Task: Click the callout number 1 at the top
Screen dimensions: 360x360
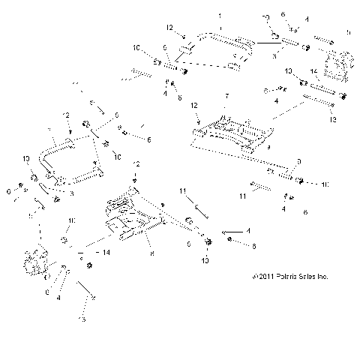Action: [x=220, y=16]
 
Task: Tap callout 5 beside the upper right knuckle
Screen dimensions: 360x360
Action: [x=348, y=32]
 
